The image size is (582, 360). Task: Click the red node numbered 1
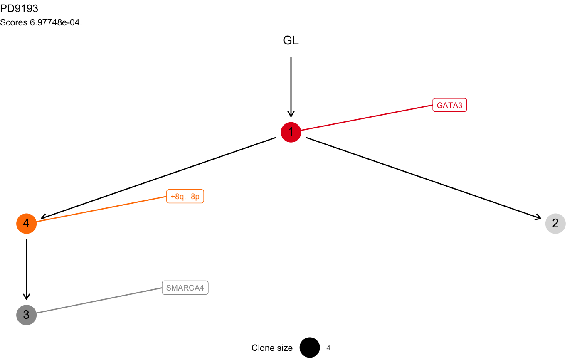[x=291, y=132]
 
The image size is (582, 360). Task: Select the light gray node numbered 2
[x=555, y=224]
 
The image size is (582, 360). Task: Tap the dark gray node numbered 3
[x=27, y=315]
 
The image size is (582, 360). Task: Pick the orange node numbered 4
[x=27, y=224]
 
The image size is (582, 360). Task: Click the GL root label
[x=291, y=40]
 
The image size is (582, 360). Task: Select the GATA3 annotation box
[x=449, y=105]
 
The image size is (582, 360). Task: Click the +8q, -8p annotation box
[x=185, y=197]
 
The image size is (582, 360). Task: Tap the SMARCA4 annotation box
[x=185, y=288]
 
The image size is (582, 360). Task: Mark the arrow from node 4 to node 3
[x=27, y=269]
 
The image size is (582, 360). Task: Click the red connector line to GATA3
[x=366, y=118]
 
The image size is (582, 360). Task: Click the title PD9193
[x=20, y=9]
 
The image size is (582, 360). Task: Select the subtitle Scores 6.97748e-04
[x=41, y=22]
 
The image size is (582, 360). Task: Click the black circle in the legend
[x=309, y=348]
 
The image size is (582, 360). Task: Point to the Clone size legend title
[x=272, y=348]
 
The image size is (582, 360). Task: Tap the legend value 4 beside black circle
[x=328, y=348]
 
